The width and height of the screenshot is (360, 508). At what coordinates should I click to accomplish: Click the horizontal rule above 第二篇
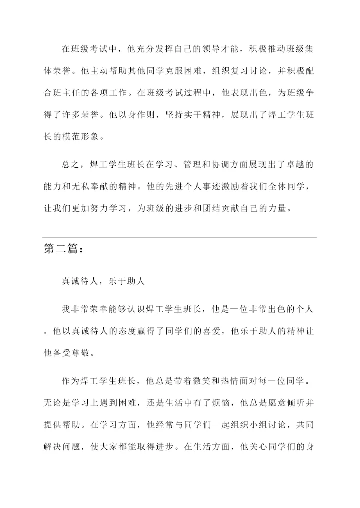[x=180, y=238]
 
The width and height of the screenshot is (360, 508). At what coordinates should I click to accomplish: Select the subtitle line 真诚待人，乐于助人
[x=103, y=282]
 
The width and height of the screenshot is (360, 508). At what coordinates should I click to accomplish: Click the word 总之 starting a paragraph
[x=71, y=165]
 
